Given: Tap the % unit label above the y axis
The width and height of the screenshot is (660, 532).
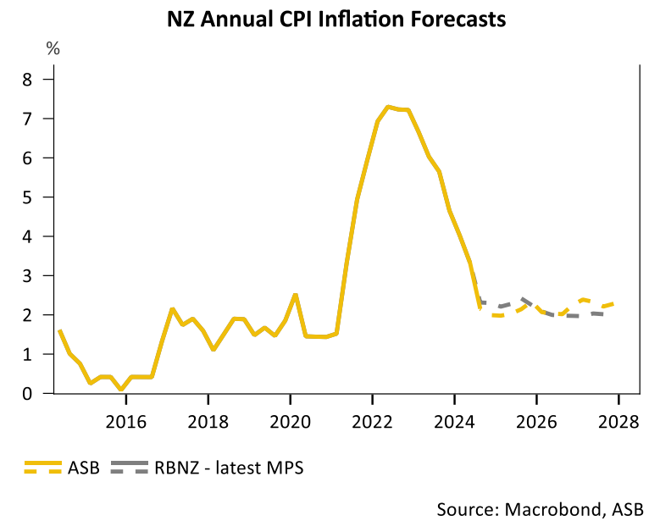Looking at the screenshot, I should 53,49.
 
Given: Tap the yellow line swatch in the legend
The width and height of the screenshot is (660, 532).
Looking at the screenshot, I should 43,468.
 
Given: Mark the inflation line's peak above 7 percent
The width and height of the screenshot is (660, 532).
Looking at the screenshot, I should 388,107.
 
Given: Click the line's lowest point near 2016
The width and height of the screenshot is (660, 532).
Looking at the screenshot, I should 122,390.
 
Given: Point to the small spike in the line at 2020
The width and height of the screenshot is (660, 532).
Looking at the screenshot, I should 294,295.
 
